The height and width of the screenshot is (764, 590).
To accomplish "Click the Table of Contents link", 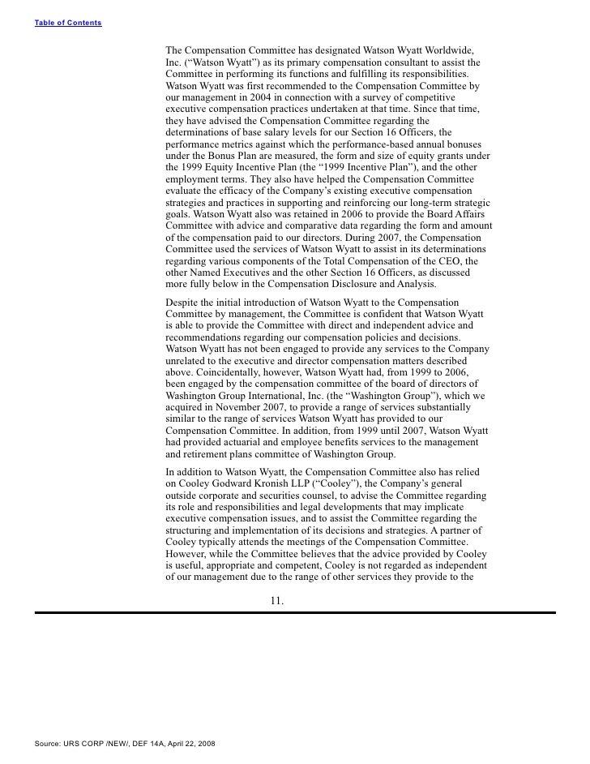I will coord(68,22).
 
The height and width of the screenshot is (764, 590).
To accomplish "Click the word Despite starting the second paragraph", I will coord(183,302).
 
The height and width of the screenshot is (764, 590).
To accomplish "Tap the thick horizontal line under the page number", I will coord(294,613).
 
